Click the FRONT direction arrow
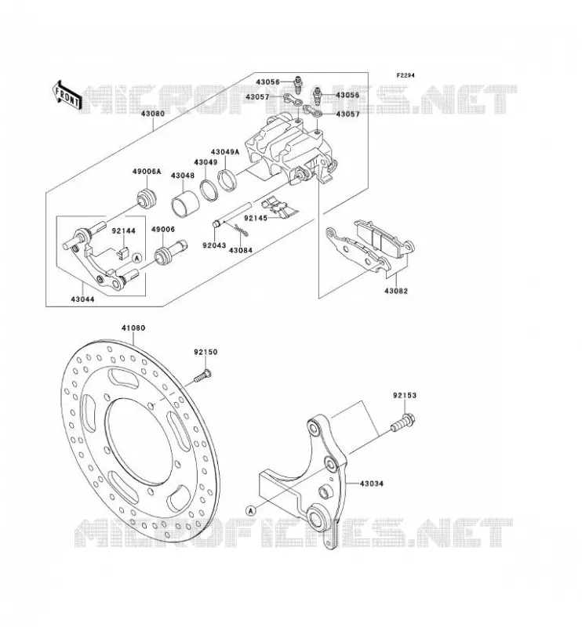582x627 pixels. click(67, 96)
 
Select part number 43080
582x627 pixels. click(152, 114)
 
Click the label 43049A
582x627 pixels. click(225, 152)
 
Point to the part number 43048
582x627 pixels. click(183, 176)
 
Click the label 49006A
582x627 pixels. click(147, 172)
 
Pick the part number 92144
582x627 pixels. click(123, 230)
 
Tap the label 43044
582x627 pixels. click(83, 299)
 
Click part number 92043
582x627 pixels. click(214, 245)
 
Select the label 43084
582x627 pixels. click(241, 250)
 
